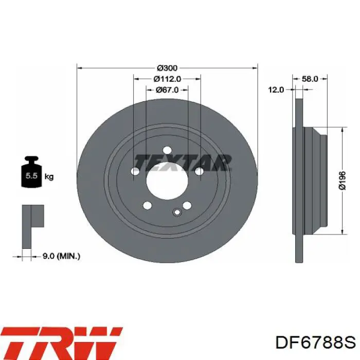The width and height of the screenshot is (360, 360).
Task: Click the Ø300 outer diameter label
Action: click(167, 68)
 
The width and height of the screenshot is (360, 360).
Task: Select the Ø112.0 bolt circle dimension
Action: click(167, 79)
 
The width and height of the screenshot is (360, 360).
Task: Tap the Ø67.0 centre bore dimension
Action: click(167, 90)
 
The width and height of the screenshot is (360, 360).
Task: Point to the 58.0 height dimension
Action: click(310, 79)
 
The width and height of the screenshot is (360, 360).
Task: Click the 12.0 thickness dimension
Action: click(276, 90)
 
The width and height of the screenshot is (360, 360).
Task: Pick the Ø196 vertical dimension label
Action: click(342, 181)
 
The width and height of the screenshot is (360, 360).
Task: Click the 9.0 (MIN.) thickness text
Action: click(62, 256)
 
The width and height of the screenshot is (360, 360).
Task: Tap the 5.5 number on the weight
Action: click(31, 176)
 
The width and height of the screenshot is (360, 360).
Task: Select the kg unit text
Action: click(49, 176)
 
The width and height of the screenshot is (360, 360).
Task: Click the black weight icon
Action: click(31, 172)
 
